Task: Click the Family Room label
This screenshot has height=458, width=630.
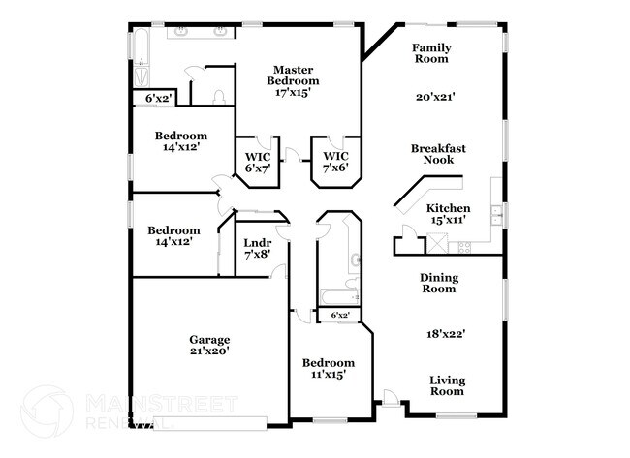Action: coord(430,53)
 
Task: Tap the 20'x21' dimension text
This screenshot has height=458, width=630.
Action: coord(435,97)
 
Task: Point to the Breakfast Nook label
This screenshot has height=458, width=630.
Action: coord(438,154)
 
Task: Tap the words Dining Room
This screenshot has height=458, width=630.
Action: coord(438,283)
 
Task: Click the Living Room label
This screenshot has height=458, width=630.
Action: coord(447,385)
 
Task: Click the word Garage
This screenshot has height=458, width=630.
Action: coord(209,340)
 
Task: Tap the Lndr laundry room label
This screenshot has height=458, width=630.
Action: coord(257,242)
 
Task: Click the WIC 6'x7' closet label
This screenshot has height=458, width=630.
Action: coord(257,162)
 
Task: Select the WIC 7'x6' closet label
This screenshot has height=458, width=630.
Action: coord(334,162)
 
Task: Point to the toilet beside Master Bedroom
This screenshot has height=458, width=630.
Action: coord(219,96)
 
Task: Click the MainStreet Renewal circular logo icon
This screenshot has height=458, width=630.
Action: coord(47,410)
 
